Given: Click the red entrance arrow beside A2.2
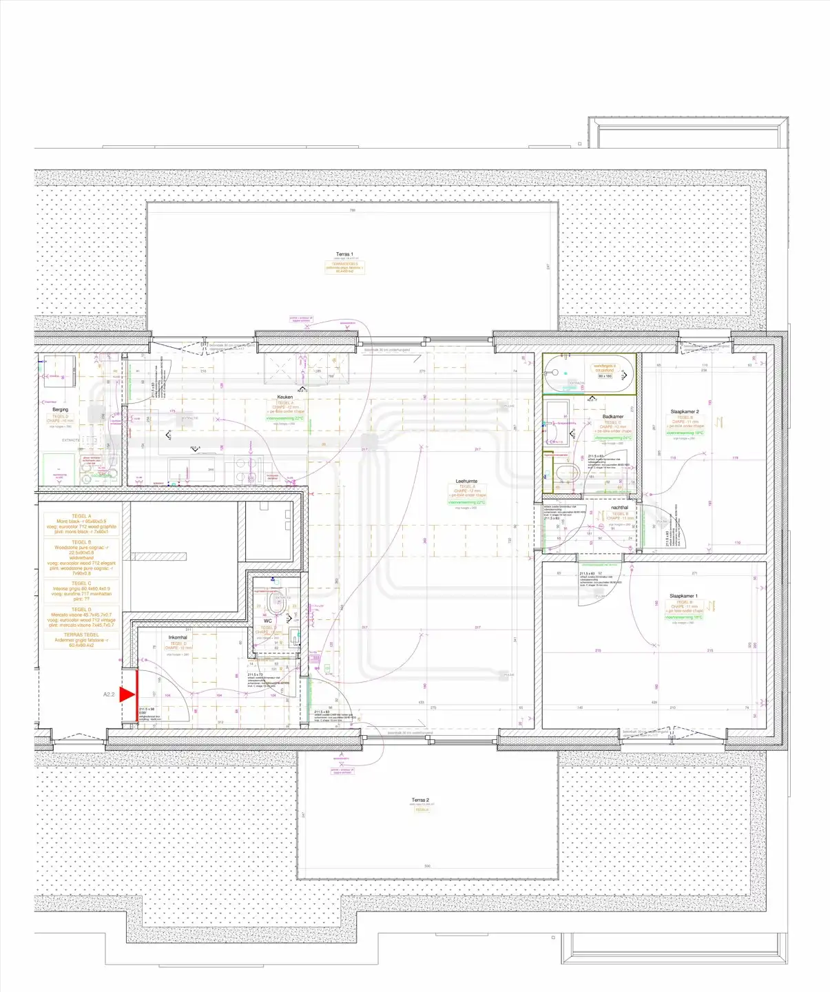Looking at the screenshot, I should pyautogui.click(x=127, y=694).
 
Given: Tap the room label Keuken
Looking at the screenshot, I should pyautogui.click(x=285, y=397).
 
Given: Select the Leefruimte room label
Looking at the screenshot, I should pyautogui.click(x=466, y=482).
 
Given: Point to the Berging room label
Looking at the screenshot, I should pyautogui.click(x=61, y=410).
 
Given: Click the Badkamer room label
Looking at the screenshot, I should pyautogui.click(x=612, y=417).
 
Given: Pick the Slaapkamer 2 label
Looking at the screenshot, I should pyautogui.click(x=684, y=412).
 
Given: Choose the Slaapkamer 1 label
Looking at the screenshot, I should pyautogui.click(x=683, y=596).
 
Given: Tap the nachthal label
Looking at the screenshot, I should pyautogui.click(x=619, y=508).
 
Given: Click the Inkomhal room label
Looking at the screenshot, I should pyautogui.click(x=178, y=637).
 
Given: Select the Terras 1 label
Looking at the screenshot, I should pyautogui.click(x=344, y=254).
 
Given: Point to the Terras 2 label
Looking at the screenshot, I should pyautogui.click(x=420, y=800).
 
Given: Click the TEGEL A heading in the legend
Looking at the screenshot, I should pyautogui.click(x=81, y=516).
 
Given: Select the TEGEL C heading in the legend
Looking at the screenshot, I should pyautogui.click(x=81, y=583).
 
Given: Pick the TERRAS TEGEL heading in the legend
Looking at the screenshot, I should pyautogui.click(x=81, y=635).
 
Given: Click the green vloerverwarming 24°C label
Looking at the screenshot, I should pyautogui.click(x=612, y=437).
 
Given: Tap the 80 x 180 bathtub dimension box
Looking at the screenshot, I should pyautogui.click(x=605, y=376).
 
